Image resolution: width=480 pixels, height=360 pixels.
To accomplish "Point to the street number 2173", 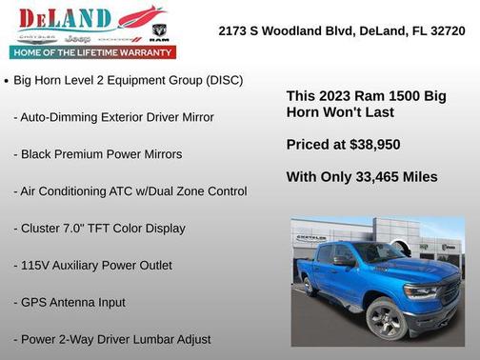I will (232, 30).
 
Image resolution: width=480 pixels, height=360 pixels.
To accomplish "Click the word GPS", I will (36, 303).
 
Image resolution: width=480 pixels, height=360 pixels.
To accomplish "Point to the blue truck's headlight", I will (420, 290).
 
